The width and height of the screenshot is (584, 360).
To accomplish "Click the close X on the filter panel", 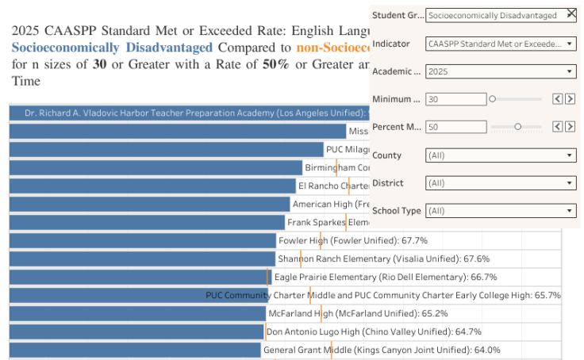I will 571,14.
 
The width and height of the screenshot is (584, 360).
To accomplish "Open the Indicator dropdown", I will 501,44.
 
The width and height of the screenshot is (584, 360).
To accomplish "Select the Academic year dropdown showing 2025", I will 501,71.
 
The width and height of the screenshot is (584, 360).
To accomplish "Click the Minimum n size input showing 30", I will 455,99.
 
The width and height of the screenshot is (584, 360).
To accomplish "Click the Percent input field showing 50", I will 455,127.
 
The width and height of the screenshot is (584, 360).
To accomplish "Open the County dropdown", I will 501,155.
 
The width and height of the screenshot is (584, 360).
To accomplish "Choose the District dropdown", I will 501,183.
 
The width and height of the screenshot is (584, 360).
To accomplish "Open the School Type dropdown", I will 501,211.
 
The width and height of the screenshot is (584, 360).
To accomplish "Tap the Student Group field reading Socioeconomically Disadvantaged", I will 494,15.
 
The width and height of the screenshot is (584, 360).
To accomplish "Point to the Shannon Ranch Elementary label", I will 383,259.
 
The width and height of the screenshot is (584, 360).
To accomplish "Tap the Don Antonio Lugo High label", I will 374,331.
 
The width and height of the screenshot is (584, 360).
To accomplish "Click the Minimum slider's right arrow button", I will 571,99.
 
